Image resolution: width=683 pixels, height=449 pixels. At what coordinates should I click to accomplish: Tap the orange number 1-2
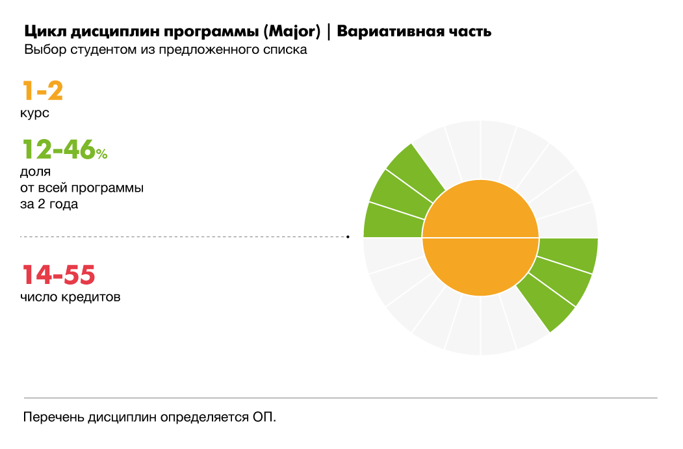pyautogui.click(x=43, y=91)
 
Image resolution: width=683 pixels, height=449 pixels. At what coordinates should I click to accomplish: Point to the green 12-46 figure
pyautogui.click(x=58, y=149)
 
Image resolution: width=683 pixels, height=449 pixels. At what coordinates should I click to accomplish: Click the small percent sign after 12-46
pyautogui.click(x=102, y=154)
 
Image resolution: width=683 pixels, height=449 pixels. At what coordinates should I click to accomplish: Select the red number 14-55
pyautogui.click(x=59, y=275)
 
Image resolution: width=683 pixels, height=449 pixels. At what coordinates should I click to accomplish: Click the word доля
pyautogui.click(x=36, y=173)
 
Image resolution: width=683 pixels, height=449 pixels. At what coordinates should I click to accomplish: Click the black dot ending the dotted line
pyautogui.click(x=348, y=237)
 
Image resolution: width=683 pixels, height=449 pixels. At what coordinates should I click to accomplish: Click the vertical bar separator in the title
pyautogui.click(x=329, y=32)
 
